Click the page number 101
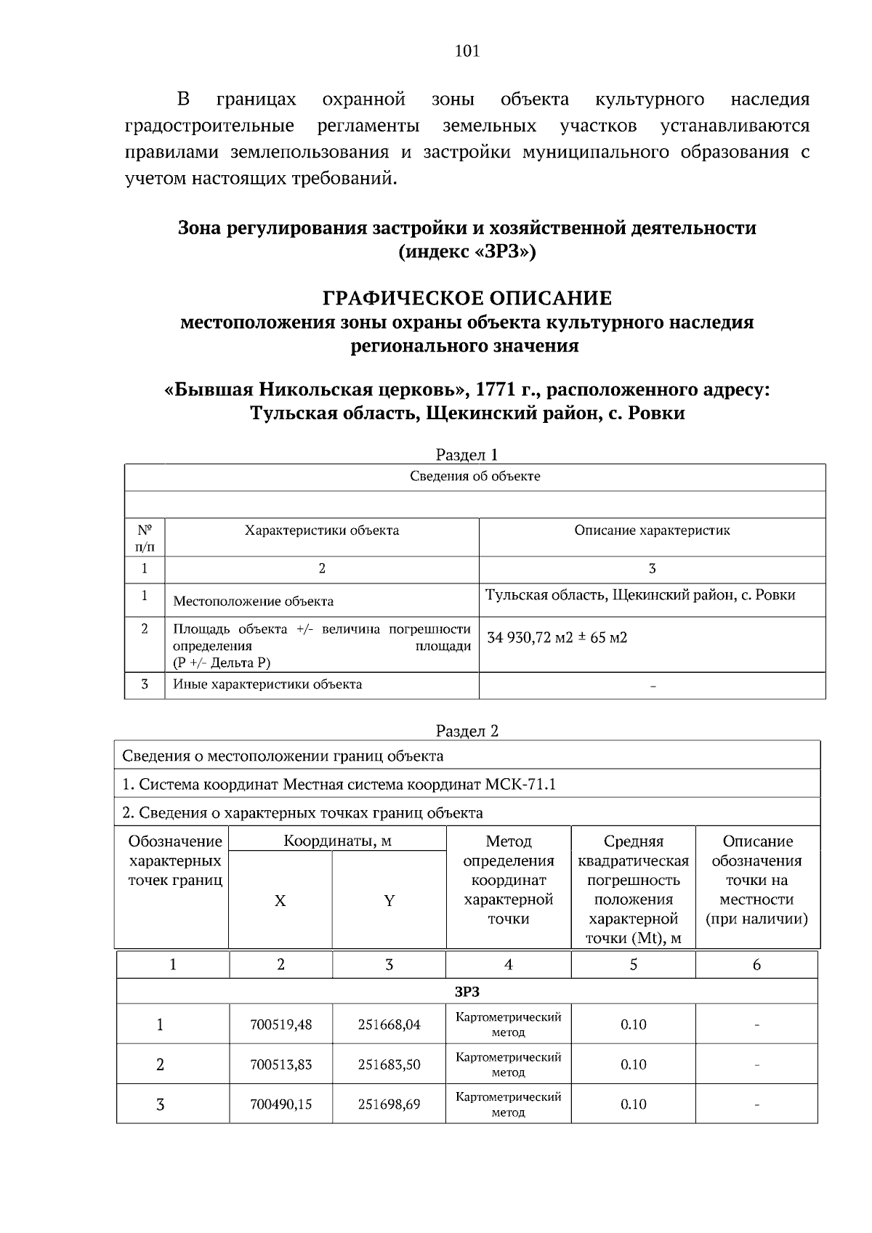click(467, 51)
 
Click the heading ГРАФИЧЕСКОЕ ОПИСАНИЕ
click(467, 298)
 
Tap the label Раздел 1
click(467, 455)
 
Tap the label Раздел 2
click(467, 731)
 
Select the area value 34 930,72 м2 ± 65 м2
click(557, 638)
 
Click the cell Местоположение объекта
click(253, 602)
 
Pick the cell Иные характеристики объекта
click(267, 684)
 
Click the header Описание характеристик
click(652, 530)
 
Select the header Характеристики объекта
click(321, 530)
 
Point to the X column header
click(280, 901)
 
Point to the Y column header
click(389, 901)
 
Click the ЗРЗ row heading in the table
click(467, 992)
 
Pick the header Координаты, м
click(337, 841)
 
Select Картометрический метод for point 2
click(508, 1064)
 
